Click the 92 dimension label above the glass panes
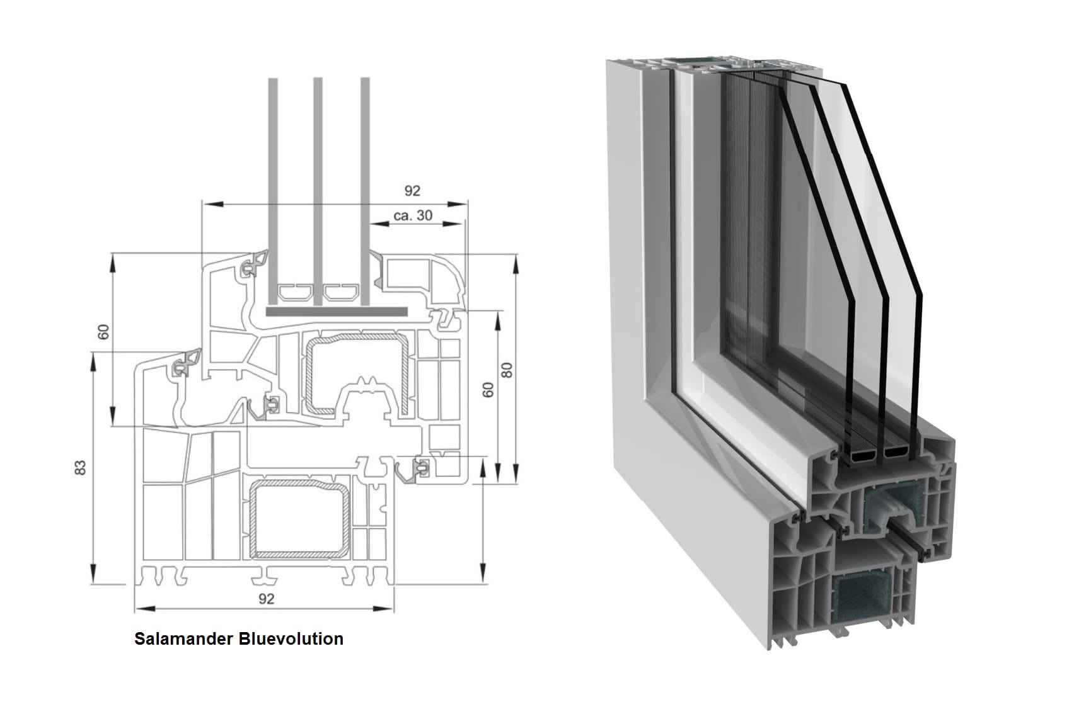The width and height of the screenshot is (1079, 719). [412, 190]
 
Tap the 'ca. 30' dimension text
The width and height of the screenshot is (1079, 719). [413, 215]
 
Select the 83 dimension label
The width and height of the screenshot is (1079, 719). [80, 467]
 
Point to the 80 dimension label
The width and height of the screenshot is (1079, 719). [507, 370]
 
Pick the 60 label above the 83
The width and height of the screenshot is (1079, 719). [104, 331]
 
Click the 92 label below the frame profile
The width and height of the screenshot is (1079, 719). [267, 598]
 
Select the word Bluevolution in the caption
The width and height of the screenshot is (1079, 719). [291, 639]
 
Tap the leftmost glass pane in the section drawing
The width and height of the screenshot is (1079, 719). [273, 189]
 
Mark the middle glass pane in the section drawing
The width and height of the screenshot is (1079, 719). [318, 189]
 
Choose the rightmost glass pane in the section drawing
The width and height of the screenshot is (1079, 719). [364, 189]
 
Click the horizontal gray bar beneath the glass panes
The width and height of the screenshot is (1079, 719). [336, 312]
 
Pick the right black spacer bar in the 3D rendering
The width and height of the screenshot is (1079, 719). [896, 451]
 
